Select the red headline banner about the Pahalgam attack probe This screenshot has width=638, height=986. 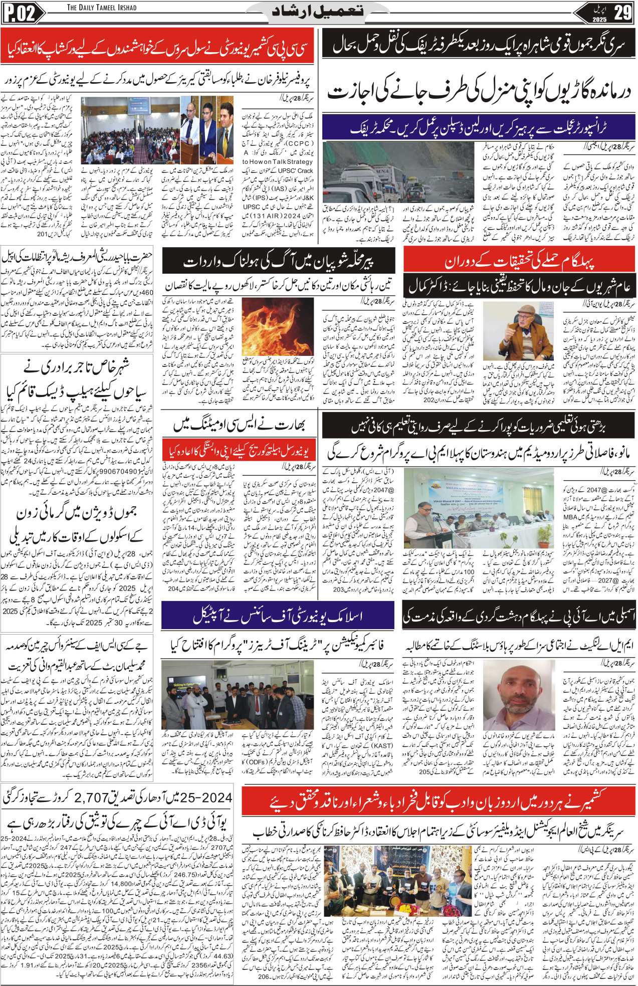[x=519, y=263]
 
